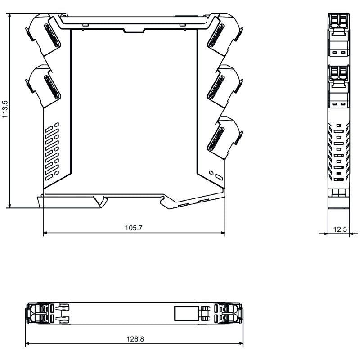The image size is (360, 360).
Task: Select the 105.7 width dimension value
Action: (134, 228)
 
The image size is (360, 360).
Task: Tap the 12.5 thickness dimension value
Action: (340, 229)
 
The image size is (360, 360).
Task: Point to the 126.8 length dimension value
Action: (134, 339)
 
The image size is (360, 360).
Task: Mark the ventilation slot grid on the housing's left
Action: (52, 151)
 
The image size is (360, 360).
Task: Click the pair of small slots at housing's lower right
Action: (216, 175)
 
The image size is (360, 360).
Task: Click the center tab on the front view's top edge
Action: (134, 30)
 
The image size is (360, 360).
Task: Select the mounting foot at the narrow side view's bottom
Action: (339, 200)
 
